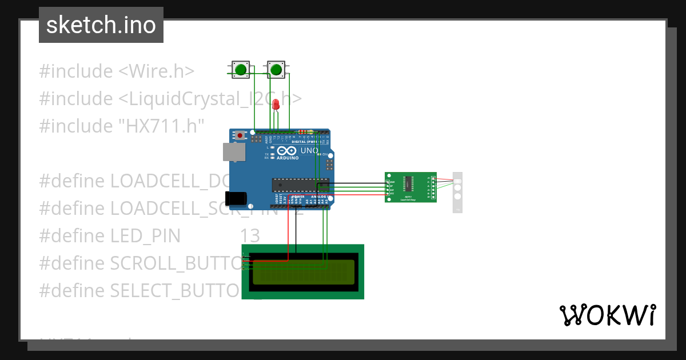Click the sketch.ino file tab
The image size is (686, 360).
(101, 25)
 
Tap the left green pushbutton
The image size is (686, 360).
(241, 70)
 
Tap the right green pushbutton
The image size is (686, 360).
(276, 70)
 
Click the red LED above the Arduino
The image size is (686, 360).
(276, 105)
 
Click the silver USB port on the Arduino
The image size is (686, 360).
(234, 151)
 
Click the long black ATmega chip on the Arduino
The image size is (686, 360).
(300, 185)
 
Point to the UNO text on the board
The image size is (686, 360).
(309, 150)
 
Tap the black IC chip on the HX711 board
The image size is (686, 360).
(408, 183)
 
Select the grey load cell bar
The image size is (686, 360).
(457, 192)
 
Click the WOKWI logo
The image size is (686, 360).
(607, 315)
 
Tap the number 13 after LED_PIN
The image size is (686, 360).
(250, 236)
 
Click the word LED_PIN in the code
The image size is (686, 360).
(145, 236)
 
